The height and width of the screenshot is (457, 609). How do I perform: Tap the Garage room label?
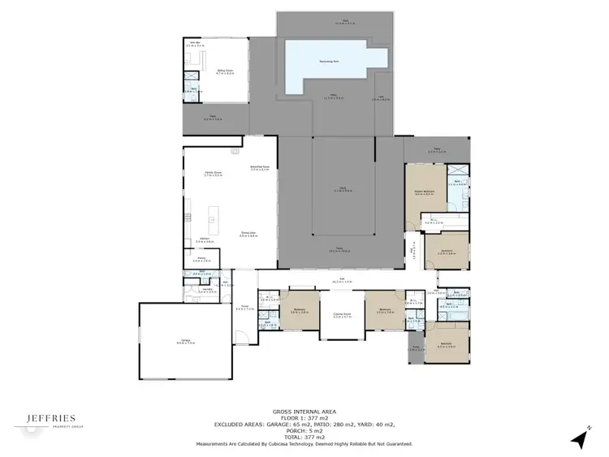(174, 341)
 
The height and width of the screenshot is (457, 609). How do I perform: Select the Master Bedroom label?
(424, 193)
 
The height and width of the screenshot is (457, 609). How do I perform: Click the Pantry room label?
(197, 261)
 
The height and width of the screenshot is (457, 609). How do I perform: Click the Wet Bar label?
(193, 43)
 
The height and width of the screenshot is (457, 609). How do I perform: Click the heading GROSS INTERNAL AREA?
(304, 412)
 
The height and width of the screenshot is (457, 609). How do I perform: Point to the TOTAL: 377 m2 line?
(304, 436)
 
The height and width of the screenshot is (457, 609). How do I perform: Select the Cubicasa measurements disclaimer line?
(304, 444)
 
